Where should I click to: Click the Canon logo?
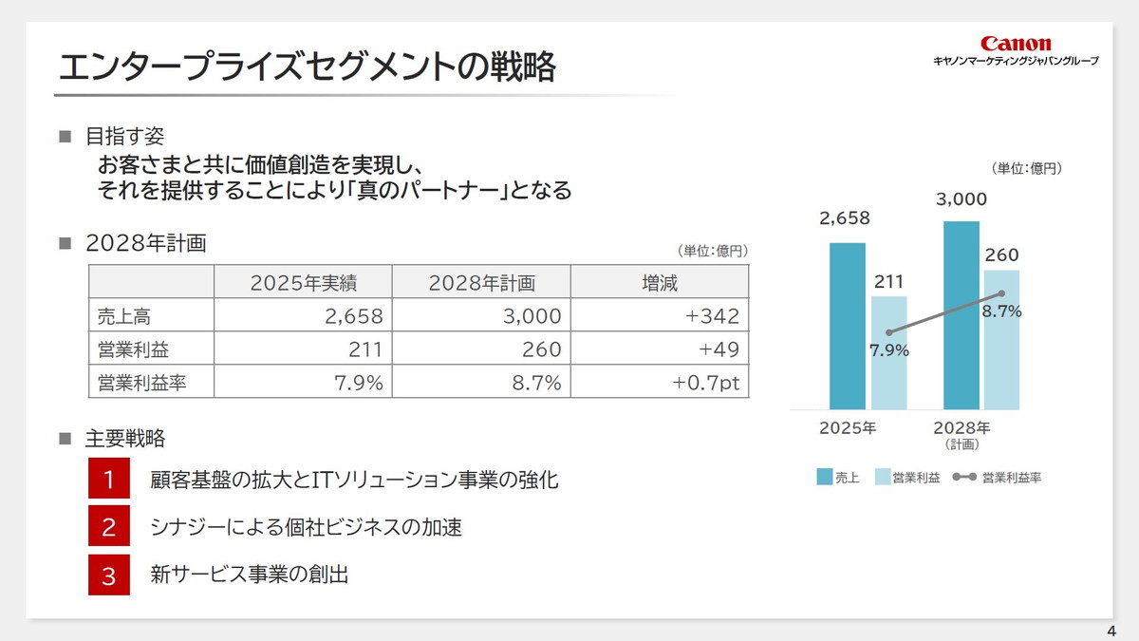[x=1016, y=44]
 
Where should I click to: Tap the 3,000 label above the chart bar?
[x=961, y=199]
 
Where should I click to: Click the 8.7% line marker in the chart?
[x=1001, y=293]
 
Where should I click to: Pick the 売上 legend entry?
[x=836, y=478]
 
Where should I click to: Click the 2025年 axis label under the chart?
[x=848, y=427]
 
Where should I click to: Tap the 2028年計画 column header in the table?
[x=481, y=282]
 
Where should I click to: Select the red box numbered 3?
[x=109, y=575]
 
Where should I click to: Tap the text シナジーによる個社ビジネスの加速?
[x=307, y=527]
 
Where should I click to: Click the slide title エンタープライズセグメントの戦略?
[x=307, y=68]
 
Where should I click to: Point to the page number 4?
[x=1111, y=632]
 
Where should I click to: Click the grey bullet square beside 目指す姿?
[x=65, y=137]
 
